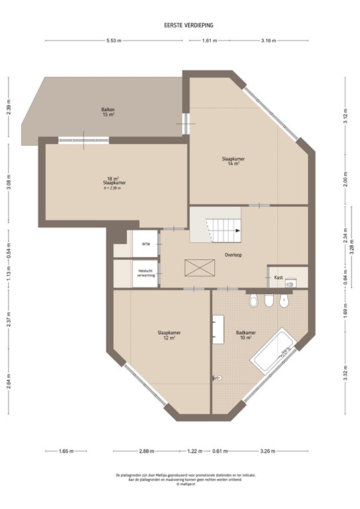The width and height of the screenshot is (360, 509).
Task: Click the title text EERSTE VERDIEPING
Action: click(188, 26)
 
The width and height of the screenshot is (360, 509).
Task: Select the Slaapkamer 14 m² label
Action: click(233, 161)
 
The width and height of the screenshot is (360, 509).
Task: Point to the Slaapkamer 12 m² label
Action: click(168, 335)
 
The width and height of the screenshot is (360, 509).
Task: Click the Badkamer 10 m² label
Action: click(246, 335)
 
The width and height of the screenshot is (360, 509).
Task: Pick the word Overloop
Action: click(233, 254)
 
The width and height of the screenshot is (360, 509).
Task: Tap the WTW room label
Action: click(146, 244)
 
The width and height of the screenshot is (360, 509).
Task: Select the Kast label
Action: click(278, 277)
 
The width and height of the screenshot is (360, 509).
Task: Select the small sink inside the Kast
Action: click(290, 283)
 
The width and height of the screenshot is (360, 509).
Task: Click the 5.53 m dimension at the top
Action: click(114, 41)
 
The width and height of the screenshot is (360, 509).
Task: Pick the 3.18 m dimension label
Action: click(268, 41)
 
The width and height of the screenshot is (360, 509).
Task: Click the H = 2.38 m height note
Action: click(112, 188)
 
